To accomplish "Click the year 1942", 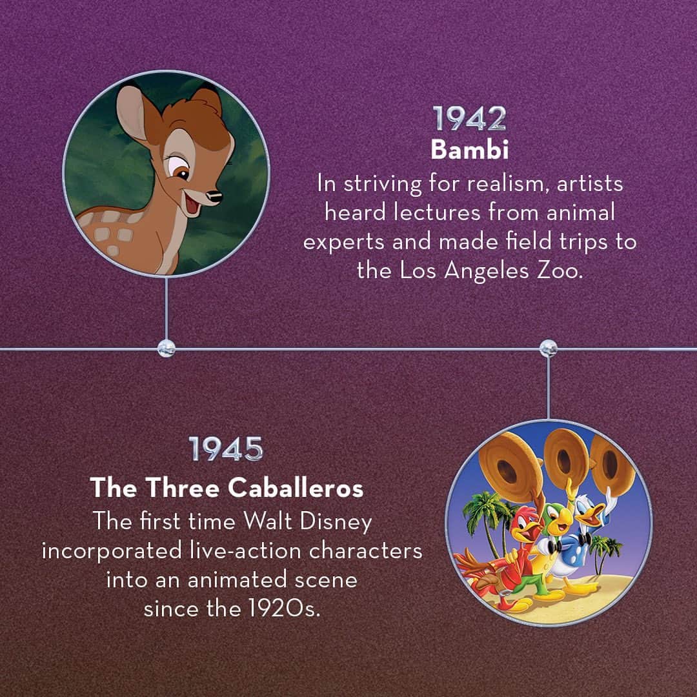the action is pos(469,118).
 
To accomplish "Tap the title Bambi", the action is pos(469,150).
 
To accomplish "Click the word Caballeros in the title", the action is pos(296,488).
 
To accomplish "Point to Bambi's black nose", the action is pos(216,196).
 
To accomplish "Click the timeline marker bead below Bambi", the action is pos(167,348).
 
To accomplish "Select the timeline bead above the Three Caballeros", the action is pos(548,348).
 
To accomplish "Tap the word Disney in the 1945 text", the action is pos(336,521).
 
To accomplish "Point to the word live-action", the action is pos(245,551).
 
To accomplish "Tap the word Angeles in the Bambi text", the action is pos(487,271).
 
